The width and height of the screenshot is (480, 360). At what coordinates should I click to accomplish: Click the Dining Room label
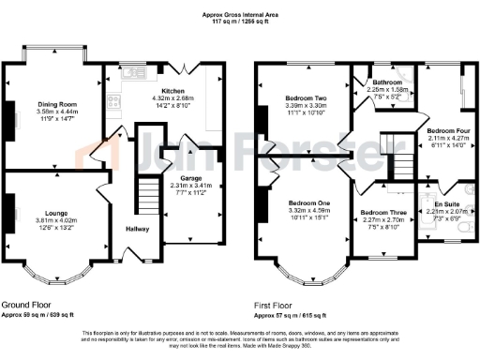point(58,105)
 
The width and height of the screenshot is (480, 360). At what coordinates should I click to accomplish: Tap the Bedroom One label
point(308,203)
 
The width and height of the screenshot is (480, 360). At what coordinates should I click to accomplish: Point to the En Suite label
point(446,203)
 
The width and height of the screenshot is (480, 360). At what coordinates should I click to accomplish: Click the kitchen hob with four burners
point(114,103)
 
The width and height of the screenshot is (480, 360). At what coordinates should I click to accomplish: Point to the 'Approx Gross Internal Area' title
point(240,14)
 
